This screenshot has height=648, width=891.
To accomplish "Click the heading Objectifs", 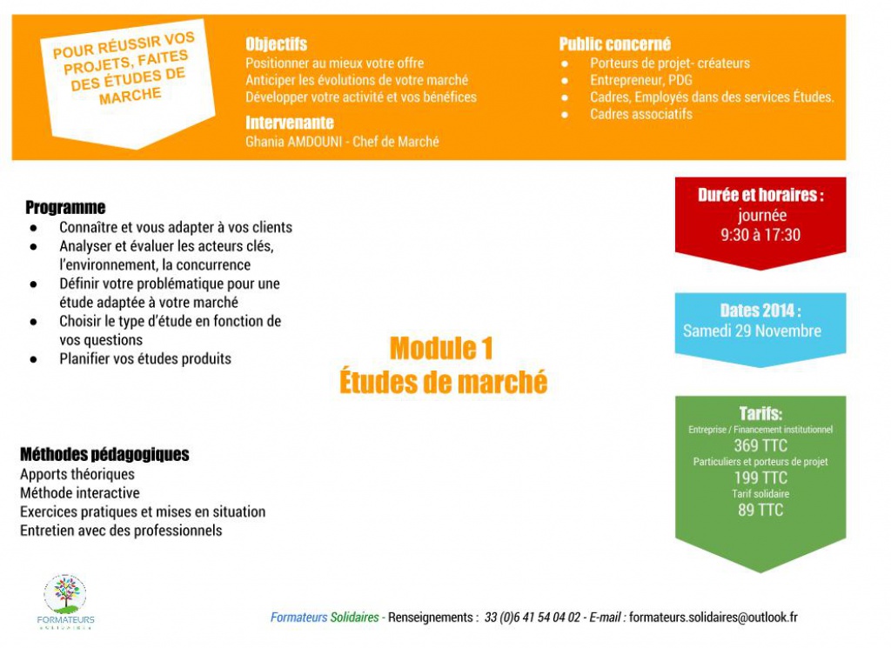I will coord(276,44).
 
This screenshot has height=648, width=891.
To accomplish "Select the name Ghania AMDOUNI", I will coord(291,141).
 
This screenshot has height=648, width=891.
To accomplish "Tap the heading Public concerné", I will coord(614,44).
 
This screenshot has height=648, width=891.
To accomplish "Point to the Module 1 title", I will coord(441,349).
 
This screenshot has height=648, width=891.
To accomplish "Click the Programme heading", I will coord(65,208).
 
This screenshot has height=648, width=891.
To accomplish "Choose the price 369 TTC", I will coord(760,446).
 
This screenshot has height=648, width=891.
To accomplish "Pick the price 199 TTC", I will coord(760,478).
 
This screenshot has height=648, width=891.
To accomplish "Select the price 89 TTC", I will coord(760,510).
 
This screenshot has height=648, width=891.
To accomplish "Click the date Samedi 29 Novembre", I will coord(752,331).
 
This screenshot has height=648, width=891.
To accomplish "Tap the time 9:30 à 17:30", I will coord(760,235).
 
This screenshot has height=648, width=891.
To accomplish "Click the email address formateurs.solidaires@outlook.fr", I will coord(713,618).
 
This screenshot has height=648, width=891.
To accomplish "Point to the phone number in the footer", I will coord(533,618).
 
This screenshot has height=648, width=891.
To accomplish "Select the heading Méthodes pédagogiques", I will coord(104,455).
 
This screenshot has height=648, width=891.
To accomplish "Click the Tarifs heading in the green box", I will coord(760,414).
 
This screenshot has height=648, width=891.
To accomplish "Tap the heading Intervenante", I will coord(289,123).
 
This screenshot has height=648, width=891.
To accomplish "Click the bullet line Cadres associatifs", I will coord(640,114).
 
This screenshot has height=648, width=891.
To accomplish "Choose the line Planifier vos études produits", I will coord(145,358).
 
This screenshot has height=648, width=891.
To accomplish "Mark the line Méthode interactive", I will coord(79,493).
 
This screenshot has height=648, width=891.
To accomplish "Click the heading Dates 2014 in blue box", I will coord(760,311).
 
